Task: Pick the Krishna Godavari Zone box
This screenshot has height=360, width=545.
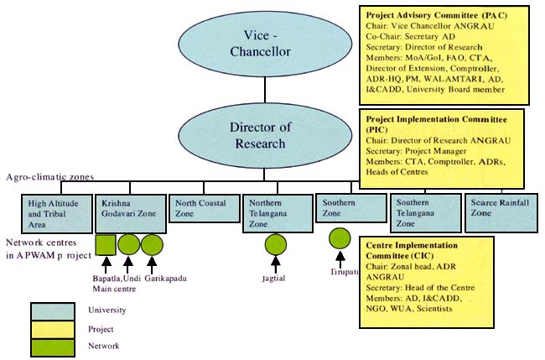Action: point(129,213)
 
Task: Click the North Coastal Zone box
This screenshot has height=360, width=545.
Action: point(203,208)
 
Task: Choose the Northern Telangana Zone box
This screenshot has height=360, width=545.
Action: point(276,213)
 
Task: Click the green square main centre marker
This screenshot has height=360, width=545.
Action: point(106,244)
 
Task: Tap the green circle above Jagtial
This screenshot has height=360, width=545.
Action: point(276,244)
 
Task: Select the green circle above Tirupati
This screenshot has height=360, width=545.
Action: point(340,237)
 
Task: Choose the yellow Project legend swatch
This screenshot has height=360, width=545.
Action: point(52,328)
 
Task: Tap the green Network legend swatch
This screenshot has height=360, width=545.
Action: point(52,345)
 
